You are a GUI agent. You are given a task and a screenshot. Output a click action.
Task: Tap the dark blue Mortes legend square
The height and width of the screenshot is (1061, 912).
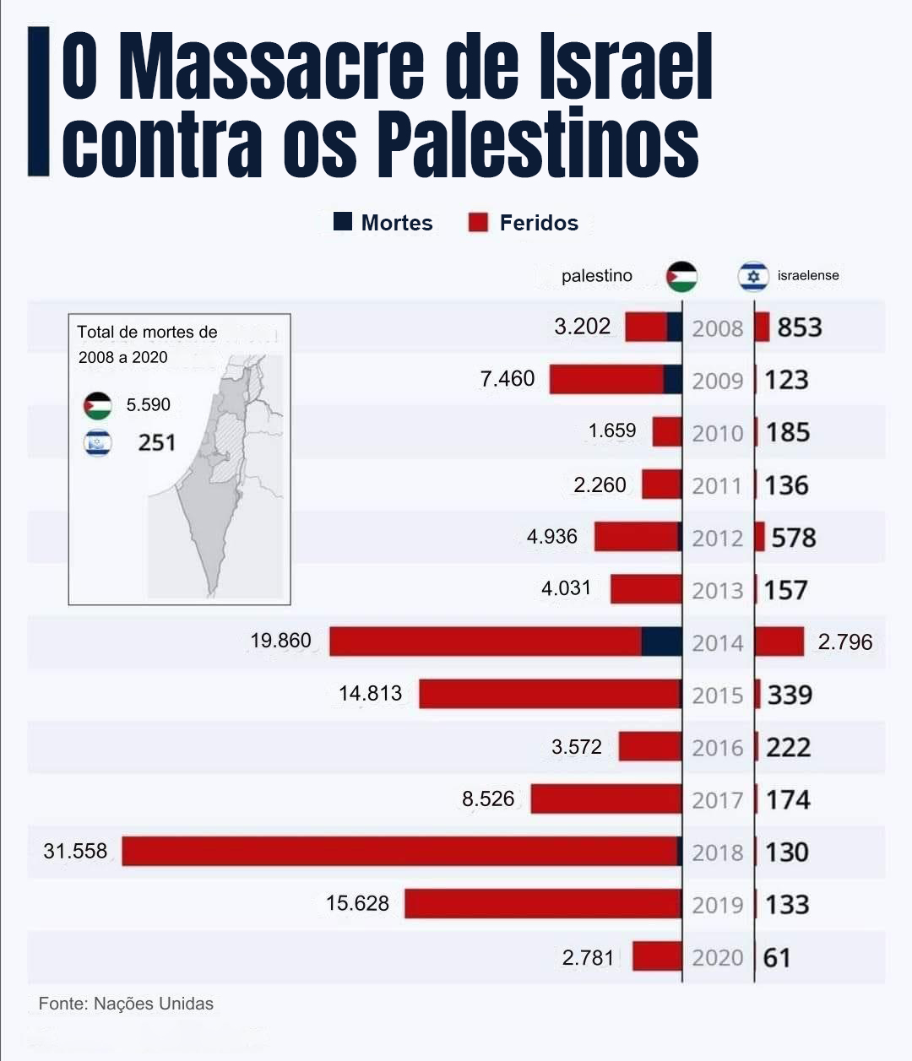point(342,222)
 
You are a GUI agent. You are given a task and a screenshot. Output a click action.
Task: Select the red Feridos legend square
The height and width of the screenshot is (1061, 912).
point(479,222)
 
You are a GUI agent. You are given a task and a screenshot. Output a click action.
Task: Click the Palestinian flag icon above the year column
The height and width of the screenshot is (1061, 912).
point(681,276)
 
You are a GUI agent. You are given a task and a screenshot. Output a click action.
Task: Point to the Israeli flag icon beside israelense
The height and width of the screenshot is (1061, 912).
point(752,276)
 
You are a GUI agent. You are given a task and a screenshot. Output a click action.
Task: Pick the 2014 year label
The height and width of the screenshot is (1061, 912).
point(717,643)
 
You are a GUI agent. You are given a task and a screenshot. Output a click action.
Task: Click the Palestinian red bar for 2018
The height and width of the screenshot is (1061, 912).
point(397,851)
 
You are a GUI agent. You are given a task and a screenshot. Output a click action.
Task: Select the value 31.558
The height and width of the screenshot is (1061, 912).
point(75,851)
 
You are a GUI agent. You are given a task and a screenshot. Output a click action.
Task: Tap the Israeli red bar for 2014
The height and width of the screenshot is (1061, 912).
point(779,641)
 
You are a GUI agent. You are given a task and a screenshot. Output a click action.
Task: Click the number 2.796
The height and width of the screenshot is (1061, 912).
point(844,641)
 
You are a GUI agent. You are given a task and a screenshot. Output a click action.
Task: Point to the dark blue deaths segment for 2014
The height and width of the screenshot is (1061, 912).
point(661,641)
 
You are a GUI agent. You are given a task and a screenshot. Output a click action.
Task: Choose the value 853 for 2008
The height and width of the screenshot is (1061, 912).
point(799,327)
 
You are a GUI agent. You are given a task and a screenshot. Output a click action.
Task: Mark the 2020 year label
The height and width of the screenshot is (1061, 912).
point(717,958)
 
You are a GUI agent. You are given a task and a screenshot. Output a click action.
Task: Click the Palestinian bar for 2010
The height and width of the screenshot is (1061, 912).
point(667,431)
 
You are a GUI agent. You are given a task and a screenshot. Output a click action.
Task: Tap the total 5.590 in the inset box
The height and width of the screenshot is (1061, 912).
point(148,405)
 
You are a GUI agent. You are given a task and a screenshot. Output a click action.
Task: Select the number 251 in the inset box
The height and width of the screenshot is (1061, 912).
point(156,442)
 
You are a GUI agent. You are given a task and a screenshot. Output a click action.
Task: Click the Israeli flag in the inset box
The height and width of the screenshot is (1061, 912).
point(98,442)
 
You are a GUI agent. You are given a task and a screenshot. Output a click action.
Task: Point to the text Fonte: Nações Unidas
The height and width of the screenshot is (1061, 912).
point(126,1004)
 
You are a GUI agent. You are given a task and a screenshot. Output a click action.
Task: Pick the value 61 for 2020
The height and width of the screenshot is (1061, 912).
point(777,958)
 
